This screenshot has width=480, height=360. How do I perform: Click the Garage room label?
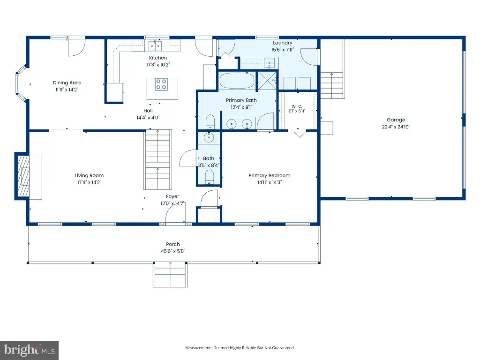tap(396, 120)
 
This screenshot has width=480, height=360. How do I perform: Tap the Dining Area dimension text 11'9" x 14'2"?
tap(67, 90)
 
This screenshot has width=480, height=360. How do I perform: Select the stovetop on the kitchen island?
tap(161, 84)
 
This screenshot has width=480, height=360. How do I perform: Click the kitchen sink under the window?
tap(155, 46)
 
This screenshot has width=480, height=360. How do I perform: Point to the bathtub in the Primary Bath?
tap(237, 81)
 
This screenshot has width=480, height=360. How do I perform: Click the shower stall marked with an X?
tap(267, 81)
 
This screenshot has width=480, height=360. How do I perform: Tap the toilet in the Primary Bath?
tap(210, 122)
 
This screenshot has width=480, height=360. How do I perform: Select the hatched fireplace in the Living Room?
tap(23, 176)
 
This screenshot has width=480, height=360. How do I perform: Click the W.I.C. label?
tap(297, 106)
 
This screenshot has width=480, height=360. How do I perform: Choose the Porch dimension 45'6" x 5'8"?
tap(173, 251)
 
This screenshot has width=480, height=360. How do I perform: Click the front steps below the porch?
tap(170, 275)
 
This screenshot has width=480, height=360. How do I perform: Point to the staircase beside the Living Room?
tap(157, 159)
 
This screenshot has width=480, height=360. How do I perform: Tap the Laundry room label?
tap(282, 43)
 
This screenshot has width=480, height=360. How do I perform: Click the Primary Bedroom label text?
tap(270, 175)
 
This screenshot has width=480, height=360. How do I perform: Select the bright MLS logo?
tap(29, 350)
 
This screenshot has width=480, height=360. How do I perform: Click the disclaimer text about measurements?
tap(240, 348)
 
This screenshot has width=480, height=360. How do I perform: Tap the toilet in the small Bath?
tap(210, 178)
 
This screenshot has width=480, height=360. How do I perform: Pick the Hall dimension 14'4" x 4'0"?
tap(148, 118)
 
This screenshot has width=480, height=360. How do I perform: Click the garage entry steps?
tap(332, 85)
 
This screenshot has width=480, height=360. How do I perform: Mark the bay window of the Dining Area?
tap(21, 83)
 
